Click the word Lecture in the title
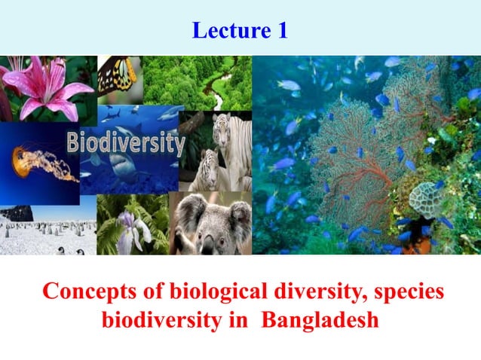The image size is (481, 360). [x=226, y=31]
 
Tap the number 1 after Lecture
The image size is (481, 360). [x=280, y=31]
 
